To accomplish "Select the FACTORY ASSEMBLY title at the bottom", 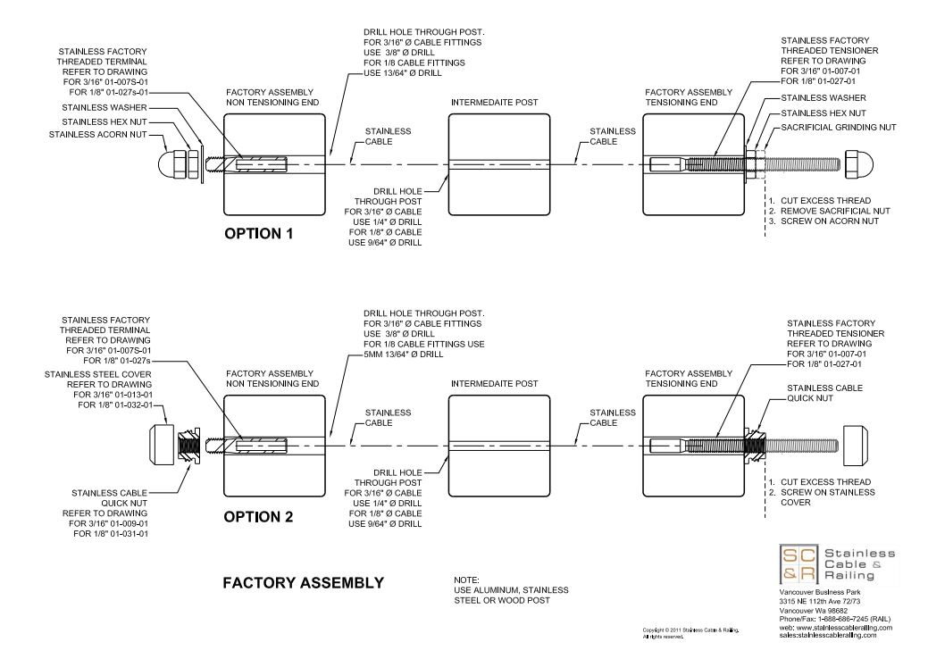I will point(304,583).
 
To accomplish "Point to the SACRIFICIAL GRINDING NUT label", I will point(826,128).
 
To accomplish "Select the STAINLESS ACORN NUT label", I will point(99,136).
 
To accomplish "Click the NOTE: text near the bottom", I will point(466,580).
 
